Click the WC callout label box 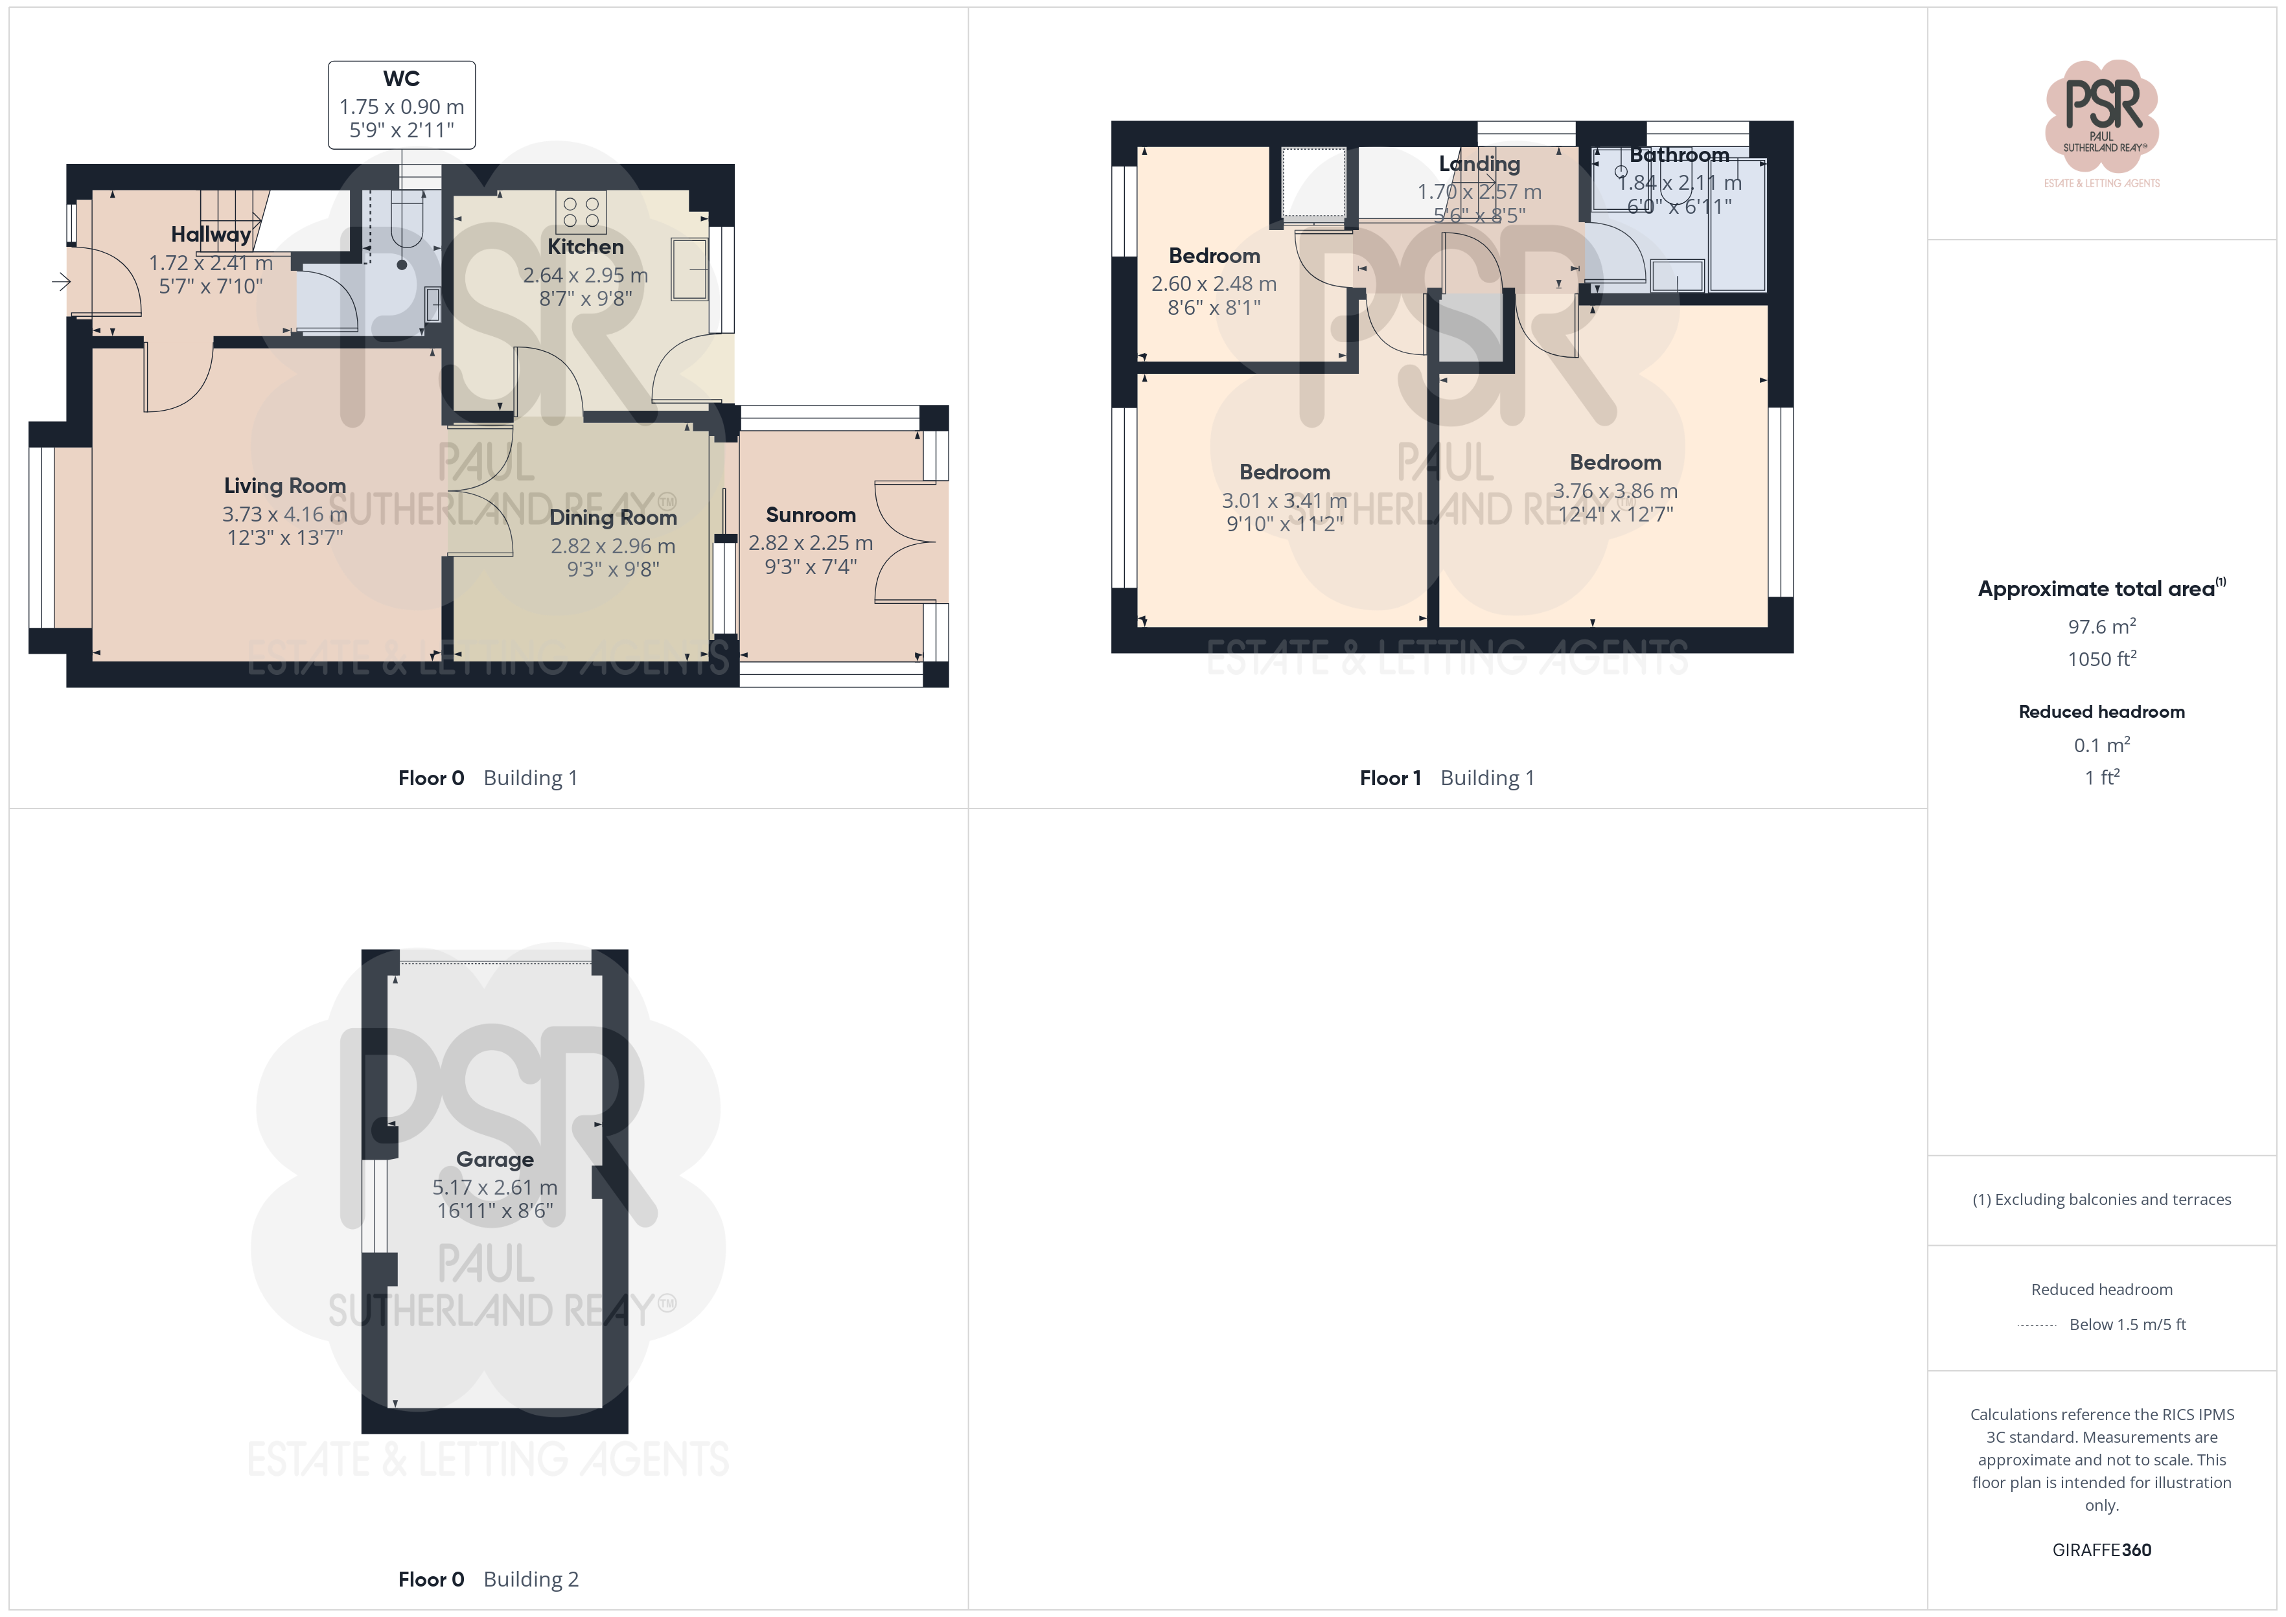(x=401, y=104)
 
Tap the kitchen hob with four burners (x=581, y=212)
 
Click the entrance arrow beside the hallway (x=62, y=282)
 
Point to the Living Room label (x=284, y=486)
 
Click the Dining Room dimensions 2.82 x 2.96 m (x=614, y=545)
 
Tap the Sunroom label (x=811, y=515)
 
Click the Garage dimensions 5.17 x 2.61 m (x=495, y=1187)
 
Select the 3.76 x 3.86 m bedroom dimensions (x=1615, y=491)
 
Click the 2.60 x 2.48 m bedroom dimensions (x=1214, y=284)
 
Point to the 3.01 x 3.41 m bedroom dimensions (x=1284, y=501)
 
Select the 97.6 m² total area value (x=2102, y=626)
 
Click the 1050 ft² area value (x=2102, y=659)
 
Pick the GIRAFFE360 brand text (x=2102, y=1549)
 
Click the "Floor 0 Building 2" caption (x=488, y=1579)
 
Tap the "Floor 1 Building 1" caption (x=1447, y=777)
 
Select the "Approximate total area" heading (x=2102, y=588)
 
